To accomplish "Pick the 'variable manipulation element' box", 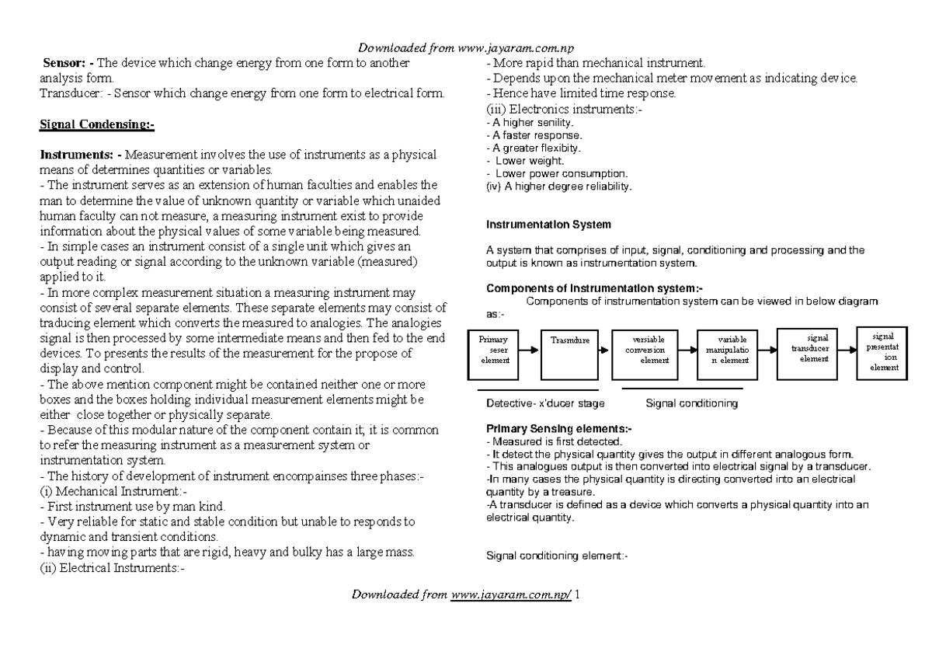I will click(x=731, y=350).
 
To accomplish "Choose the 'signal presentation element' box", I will click(x=885, y=351).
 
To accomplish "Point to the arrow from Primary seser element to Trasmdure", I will click(x=528, y=351).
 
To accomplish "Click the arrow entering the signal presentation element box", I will click(x=849, y=351).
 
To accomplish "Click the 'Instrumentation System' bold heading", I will click(x=548, y=225).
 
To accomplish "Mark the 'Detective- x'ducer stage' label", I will click(x=545, y=404).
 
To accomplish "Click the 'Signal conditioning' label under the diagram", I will click(x=692, y=404).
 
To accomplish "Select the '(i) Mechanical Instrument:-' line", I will click(x=113, y=492).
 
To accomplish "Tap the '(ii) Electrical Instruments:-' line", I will click(x=112, y=567).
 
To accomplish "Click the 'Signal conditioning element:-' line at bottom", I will click(x=556, y=556).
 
